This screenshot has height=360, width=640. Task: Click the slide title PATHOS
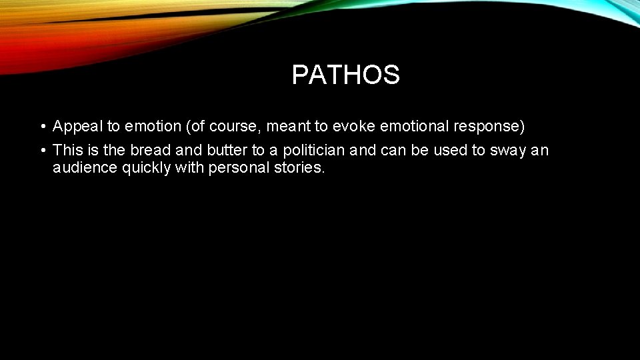pos(345,75)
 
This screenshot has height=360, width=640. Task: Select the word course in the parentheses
pos(232,126)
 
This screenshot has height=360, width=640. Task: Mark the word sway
pos(508,151)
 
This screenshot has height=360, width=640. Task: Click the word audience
pos(85,167)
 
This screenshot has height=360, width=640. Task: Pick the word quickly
pos(146,168)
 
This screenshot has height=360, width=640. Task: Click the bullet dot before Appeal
pos(41,127)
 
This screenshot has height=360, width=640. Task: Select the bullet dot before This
pos(41,151)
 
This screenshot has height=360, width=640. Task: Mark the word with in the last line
pos(189,167)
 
